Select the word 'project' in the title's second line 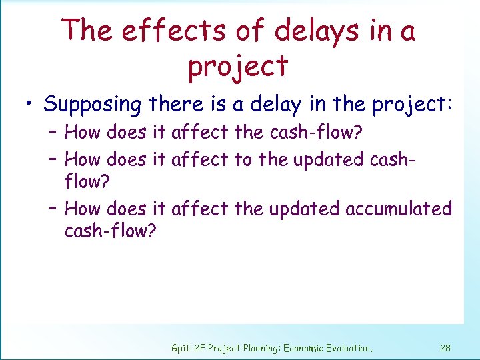point(238,67)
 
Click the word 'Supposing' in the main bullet point(93,105)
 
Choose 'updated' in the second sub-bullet point(310,159)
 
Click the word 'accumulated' point(399,209)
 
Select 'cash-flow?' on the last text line point(109,231)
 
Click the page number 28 point(446,347)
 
